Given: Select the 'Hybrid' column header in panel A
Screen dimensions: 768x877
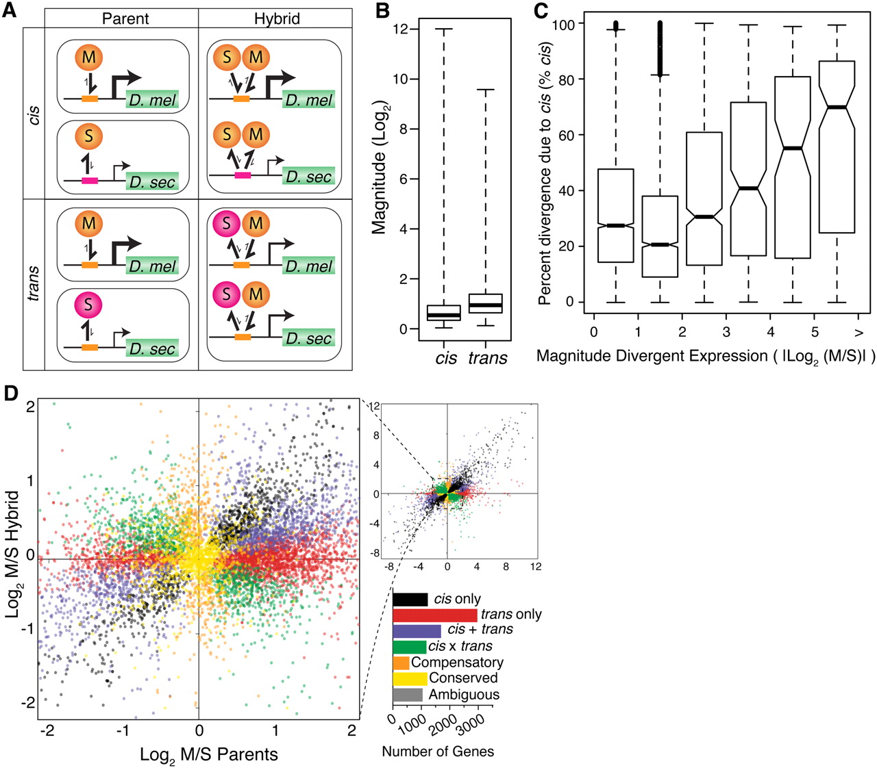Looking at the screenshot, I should coord(277,18).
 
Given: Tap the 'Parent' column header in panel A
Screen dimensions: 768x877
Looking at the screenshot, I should coord(125,18).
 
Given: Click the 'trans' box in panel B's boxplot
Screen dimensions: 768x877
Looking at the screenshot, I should coord(485,303).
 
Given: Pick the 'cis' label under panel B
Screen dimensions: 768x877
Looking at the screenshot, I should coord(446,358).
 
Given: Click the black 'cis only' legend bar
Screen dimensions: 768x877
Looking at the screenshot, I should coord(410,600).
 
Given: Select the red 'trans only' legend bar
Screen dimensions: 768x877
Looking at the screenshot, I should coord(434,615).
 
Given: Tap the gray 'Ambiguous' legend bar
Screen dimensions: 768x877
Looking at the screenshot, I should coord(407,695).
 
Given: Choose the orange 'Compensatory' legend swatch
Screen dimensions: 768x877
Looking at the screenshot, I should coord(401,663).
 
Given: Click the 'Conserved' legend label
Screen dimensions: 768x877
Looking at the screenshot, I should coord(463,678).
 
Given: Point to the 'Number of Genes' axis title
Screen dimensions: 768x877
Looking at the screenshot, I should coord(438,752).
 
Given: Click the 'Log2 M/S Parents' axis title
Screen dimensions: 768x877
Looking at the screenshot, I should coord(209,755).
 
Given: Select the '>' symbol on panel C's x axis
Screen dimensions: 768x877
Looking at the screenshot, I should coord(859,332).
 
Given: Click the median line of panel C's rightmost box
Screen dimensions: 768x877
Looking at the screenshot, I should coord(837,107).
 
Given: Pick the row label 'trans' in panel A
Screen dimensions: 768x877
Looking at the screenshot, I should coord(33,283).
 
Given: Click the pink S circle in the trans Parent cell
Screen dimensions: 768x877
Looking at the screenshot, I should coord(88,304).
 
